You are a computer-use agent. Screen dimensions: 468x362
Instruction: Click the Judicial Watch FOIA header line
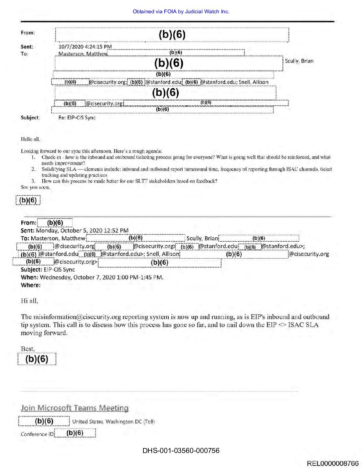point(181,12)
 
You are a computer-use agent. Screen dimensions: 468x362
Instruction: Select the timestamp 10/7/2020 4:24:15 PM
point(85,47)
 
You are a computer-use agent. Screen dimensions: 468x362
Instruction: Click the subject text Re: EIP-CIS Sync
point(77,118)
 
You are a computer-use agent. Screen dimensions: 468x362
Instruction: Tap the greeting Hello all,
point(30,139)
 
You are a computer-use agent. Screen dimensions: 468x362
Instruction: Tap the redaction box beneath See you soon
point(28,200)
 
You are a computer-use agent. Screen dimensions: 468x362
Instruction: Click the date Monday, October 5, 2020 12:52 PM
point(82,230)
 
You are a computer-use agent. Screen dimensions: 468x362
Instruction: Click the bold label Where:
point(31,285)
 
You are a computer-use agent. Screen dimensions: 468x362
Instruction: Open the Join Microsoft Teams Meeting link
point(75,408)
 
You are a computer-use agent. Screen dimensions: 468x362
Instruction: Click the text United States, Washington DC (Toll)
point(113,421)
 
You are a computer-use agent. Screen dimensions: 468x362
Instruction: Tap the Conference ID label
point(37,434)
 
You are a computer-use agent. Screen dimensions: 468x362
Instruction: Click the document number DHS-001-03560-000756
point(181,451)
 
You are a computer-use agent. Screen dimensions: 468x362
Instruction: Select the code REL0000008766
point(333,463)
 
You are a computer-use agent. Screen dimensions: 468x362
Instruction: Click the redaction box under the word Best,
point(37,359)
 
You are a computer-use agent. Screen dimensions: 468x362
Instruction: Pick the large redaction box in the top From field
point(172,35)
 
